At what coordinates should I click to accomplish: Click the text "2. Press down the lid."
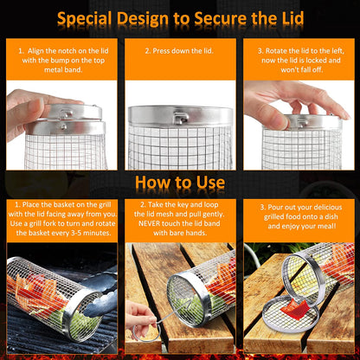179,52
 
